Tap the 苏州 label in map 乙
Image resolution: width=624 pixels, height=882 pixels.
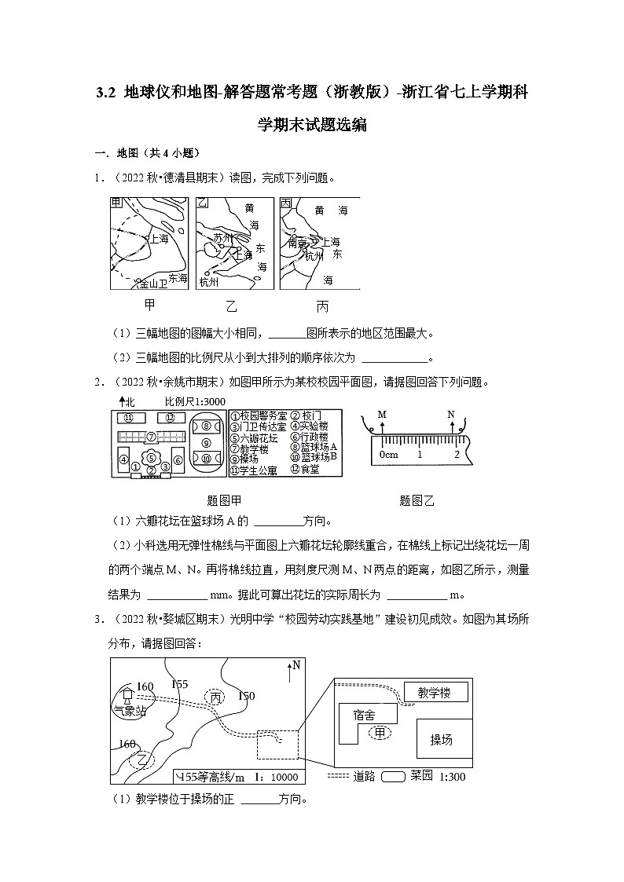click(x=223, y=237)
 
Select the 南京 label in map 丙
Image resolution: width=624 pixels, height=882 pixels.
click(x=298, y=243)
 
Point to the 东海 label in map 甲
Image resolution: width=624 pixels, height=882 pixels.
click(x=177, y=277)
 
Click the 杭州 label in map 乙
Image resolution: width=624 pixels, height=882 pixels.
click(x=210, y=281)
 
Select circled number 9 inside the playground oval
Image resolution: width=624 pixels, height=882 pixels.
click(x=206, y=442)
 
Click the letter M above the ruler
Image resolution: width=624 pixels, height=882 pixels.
click(x=382, y=414)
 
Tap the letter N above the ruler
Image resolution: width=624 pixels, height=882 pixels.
click(x=451, y=414)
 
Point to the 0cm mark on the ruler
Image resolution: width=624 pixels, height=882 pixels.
click(x=388, y=455)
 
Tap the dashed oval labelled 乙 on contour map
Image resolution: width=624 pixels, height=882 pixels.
click(x=143, y=759)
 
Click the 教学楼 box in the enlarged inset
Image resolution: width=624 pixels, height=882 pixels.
click(x=435, y=692)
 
